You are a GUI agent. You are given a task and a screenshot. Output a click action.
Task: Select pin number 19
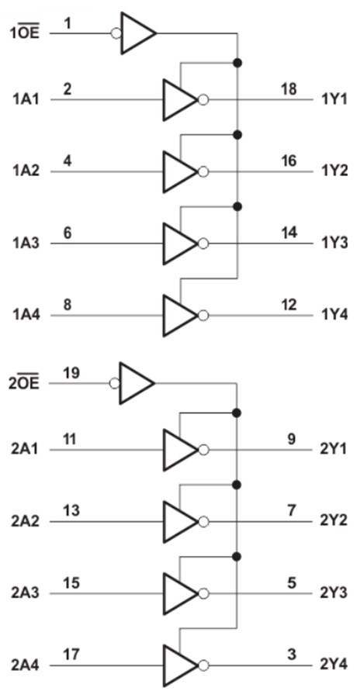[71, 373]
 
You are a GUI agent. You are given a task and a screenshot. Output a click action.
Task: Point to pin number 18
[288, 90]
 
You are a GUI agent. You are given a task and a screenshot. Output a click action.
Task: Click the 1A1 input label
[26, 99]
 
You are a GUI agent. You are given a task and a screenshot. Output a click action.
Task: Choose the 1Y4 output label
[334, 316]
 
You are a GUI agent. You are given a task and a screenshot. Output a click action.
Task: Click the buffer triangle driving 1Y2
[178, 171]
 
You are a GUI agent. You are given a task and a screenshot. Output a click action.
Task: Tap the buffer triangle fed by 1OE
[137, 33]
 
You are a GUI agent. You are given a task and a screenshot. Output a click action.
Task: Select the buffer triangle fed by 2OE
[136, 382]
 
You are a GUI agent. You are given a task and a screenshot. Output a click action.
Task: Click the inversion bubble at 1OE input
[116, 33]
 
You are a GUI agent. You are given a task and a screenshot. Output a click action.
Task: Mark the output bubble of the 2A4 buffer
[203, 665]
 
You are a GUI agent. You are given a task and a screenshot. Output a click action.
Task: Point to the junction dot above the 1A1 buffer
[237, 62]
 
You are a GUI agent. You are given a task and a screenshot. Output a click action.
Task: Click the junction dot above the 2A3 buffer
[237, 556]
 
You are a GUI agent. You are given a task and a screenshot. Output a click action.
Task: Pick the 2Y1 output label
[334, 449]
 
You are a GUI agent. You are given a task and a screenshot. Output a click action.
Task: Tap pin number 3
[291, 655]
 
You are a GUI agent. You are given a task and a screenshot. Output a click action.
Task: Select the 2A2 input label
[26, 520]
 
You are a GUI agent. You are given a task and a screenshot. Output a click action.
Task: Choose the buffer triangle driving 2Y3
[178, 593]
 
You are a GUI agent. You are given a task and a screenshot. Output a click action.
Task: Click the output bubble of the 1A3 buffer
[203, 244]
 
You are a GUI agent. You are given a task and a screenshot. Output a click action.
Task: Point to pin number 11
[69, 440]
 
